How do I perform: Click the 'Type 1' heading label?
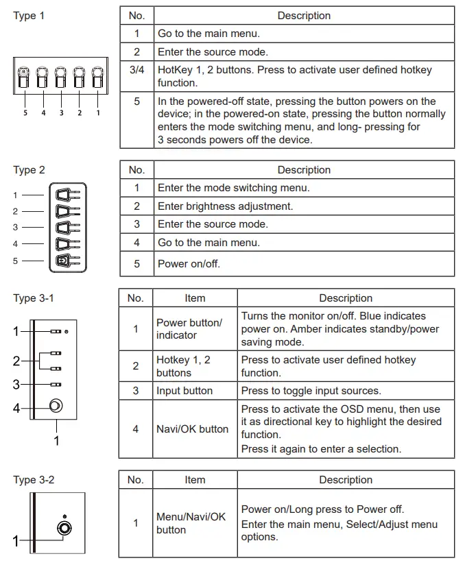pyautogui.click(x=29, y=16)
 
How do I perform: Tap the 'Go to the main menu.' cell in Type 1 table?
pyautogui.click(x=208, y=33)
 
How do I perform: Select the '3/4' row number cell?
pyautogui.click(x=136, y=70)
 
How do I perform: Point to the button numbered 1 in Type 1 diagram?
pyautogui.click(x=97, y=80)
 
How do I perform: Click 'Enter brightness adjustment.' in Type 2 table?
pyautogui.click(x=225, y=206)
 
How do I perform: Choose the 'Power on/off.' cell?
pyautogui.click(x=189, y=263)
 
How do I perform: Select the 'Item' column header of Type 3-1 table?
pyautogui.click(x=195, y=298)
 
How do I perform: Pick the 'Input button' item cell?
pyautogui.click(x=184, y=391)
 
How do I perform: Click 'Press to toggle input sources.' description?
pyautogui.click(x=311, y=391)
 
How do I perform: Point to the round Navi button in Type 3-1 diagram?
pyautogui.click(x=56, y=406)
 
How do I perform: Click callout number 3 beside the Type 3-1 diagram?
pyautogui.click(x=16, y=385)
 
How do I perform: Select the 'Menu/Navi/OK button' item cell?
pyautogui.click(x=191, y=523)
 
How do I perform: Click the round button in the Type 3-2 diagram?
pyautogui.click(x=64, y=529)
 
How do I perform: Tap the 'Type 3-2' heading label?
pyautogui.click(x=34, y=480)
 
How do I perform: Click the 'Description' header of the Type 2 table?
pyautogui.click(x=304, y=170)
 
